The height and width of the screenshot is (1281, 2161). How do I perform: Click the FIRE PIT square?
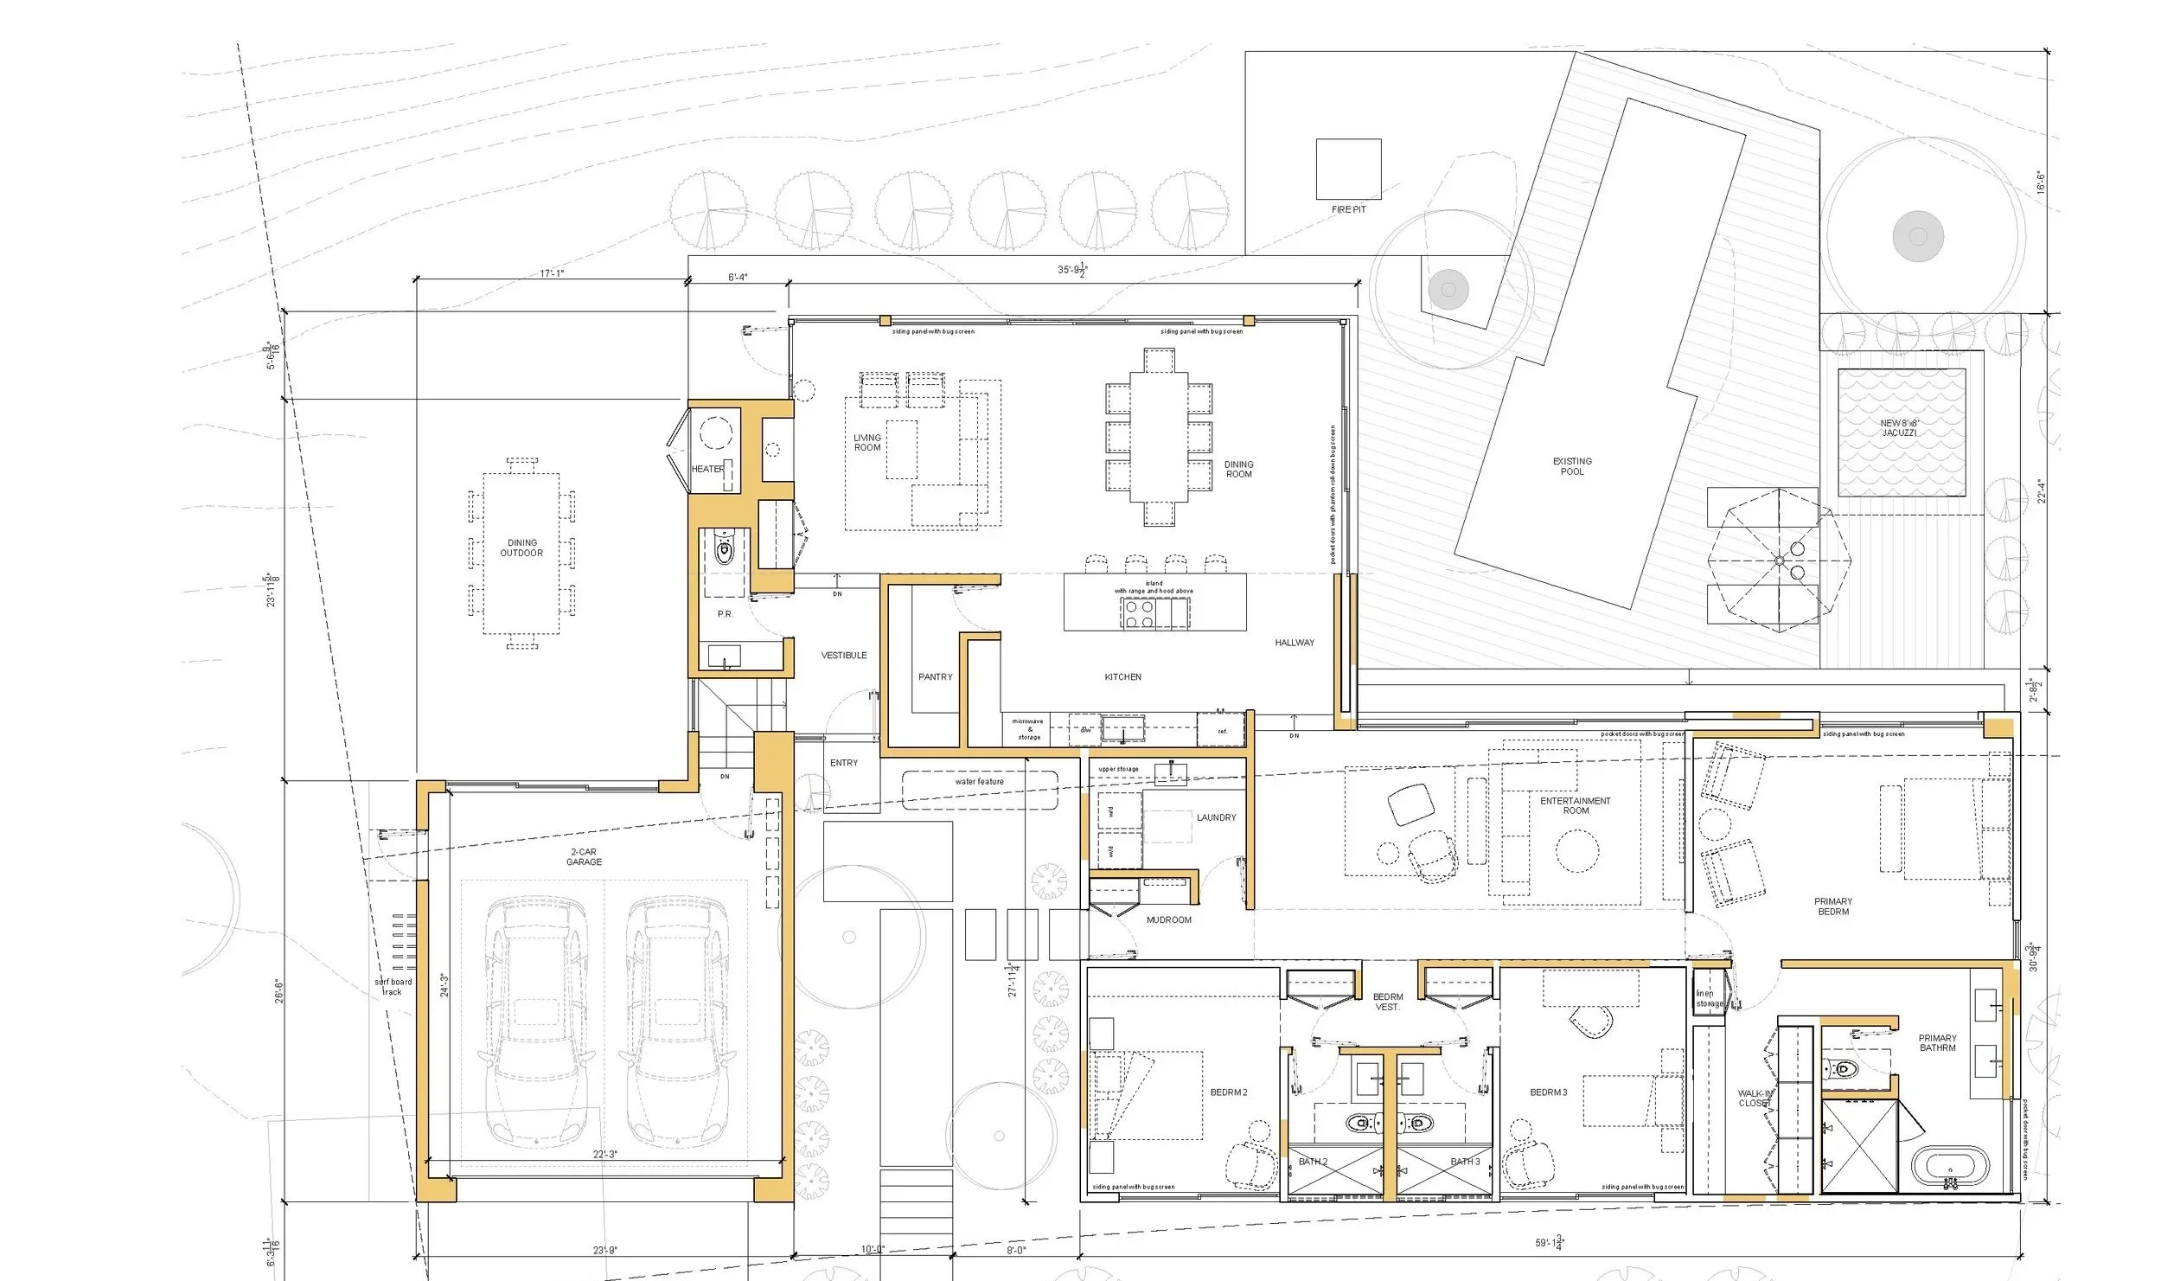point(1348,170)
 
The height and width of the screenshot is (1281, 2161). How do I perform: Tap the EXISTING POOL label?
point(1572,466)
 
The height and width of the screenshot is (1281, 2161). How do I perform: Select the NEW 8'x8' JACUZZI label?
point(1899,428)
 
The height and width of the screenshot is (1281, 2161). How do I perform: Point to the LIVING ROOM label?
point(867,442)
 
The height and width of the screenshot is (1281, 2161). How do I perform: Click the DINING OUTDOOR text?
point(521,548)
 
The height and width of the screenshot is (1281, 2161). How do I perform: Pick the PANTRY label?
point(935,676)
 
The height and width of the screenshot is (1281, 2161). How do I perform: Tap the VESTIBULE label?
point(843,656)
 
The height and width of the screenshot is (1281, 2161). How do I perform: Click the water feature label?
point(979,781)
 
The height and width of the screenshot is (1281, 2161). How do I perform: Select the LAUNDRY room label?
point(1216,817)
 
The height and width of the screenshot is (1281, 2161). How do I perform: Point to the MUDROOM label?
point(1168,920)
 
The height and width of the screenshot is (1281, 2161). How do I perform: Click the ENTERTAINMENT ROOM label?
point(1575,805)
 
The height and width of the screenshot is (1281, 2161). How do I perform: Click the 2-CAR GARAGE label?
point(584,856)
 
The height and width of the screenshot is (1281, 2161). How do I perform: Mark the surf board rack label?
point(393,987)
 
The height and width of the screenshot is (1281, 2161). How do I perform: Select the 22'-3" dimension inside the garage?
point(604,1155)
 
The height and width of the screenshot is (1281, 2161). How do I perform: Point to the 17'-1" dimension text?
point(552,273)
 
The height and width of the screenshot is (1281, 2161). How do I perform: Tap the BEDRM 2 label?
point(1228,1092)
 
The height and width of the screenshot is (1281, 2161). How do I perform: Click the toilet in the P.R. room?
point(725,548)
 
